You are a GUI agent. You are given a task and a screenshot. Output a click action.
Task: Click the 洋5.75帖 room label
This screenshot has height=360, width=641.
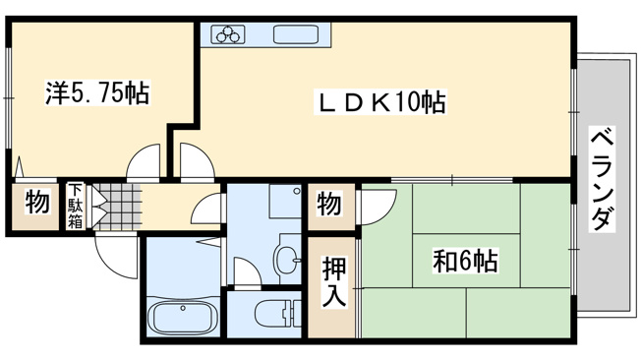pos(96,94)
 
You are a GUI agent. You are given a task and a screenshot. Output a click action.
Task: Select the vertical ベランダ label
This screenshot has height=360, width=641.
pos(602,179)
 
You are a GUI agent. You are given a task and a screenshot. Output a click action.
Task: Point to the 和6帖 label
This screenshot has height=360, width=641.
pos(465,261)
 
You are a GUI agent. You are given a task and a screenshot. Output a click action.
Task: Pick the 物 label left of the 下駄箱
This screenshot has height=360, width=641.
pos(36,205)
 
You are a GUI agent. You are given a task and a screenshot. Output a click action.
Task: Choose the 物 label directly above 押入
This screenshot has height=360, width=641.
pos(330,205)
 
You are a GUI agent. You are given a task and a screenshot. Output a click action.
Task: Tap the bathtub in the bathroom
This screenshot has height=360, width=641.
pos(183,318)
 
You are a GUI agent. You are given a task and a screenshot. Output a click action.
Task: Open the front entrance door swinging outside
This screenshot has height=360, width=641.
pos(116,258)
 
